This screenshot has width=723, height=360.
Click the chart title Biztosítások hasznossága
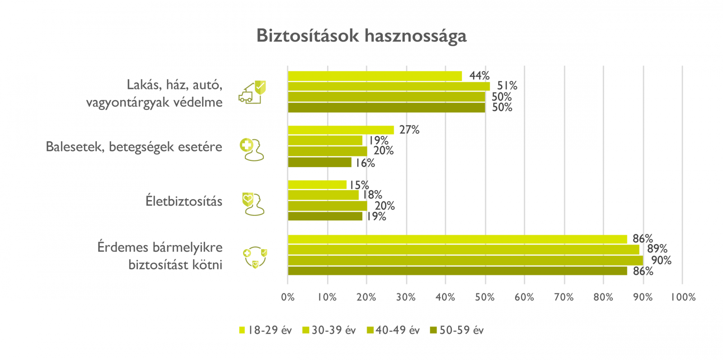click(x=361, y=36)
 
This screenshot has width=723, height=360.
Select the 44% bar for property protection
click(x=375, y=76)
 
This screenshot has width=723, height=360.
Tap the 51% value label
click(x=507, y=85)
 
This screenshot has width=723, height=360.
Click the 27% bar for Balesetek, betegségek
click(x=341, y=130)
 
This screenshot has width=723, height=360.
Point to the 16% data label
click(x=365, y=163)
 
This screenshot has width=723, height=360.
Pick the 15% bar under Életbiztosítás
click(x=317, y=185)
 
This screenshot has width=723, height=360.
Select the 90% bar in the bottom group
click(x=465, y=260)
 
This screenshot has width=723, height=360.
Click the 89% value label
click(x=657, y=249)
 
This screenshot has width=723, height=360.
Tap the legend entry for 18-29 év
click(x=265, y=330)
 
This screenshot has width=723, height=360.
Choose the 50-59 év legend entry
click(x=457, y=330)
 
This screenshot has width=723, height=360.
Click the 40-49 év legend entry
click(x=393, y=330)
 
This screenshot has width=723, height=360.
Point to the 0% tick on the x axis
click(x=288, y=297)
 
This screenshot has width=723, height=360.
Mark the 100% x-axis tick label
click(x=683, y=297)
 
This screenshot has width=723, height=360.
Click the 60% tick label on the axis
click(x=525, y=297)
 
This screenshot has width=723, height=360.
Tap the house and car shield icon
click(x=252, y=92)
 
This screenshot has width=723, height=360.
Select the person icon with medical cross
click(x=252, y=150)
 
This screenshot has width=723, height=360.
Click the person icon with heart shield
click(x=253, y=204)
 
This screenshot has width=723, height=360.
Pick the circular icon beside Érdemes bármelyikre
click(x=255, y=257)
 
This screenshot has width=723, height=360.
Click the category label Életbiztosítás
click(x=184, y=201)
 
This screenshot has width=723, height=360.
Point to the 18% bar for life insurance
click(x=323, y=195)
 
